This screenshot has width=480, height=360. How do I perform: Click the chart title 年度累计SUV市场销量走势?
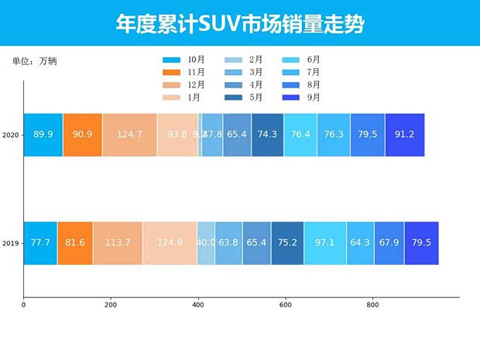[239, 23]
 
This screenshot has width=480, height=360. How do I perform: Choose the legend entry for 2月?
[244, 60]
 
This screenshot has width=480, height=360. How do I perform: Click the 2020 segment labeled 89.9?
[43, 135]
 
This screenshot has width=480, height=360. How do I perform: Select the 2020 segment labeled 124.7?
[129, 135]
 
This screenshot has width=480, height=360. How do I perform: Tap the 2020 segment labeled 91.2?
[404, 135]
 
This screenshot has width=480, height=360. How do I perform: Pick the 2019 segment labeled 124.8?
[170, 243]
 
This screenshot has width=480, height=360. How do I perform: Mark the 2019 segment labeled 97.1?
[325, 243]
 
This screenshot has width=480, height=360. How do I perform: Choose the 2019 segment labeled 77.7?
[40, 243]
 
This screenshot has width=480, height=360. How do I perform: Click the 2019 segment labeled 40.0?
[206, 243]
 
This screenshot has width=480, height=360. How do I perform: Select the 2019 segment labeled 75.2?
[287, 243]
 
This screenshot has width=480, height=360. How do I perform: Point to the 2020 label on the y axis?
[11, 135]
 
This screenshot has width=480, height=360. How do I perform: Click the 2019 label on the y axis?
[11, 244]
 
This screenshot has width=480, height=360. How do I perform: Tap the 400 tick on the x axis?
[198, 305]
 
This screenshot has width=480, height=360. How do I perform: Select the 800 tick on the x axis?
[372, 305]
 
